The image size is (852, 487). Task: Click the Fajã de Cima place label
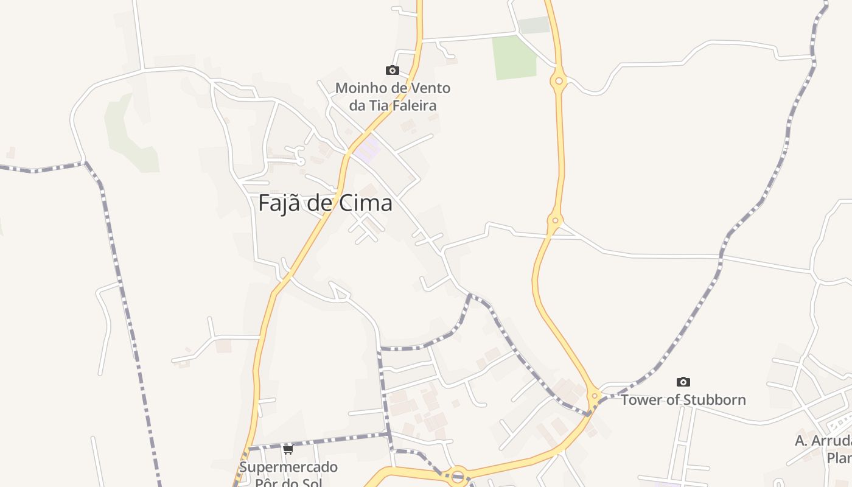[x=325, y=203]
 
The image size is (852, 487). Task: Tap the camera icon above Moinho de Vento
[x=393, y=71]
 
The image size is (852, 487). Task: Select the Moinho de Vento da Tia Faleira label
[x=393, y=97]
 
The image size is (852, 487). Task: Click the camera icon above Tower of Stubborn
[x=683, y=382]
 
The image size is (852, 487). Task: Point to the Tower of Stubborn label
[x=683, y=400]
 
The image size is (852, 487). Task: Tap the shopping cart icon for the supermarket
[x=288, y=450]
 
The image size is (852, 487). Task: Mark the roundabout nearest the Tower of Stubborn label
[x=595, y=396]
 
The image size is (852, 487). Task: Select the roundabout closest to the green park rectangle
[x=558, y=80]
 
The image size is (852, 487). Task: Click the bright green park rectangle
[x=514, y=57]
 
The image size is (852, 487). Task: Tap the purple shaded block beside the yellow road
[x=367, y=149]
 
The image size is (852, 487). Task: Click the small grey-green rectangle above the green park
[x=534, y=25]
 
